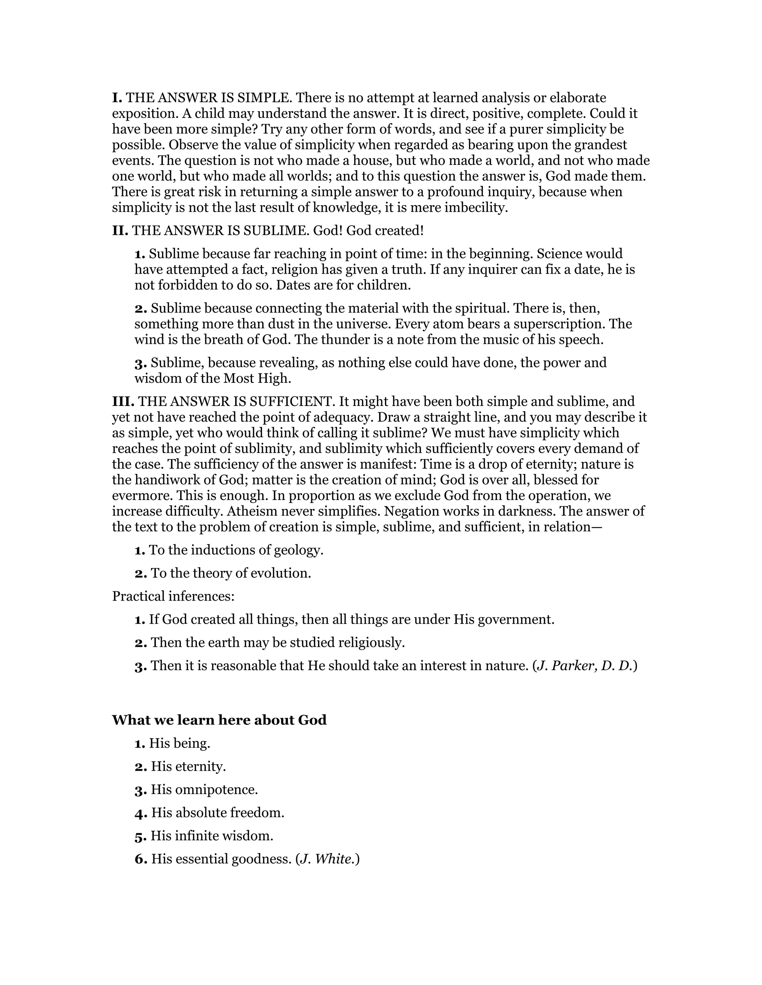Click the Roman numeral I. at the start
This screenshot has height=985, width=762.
[117, 97]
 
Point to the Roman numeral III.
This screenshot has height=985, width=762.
[123, 401]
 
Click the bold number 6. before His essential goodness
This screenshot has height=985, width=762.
[141, 859]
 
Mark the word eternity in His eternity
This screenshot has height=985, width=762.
[201, 766]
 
